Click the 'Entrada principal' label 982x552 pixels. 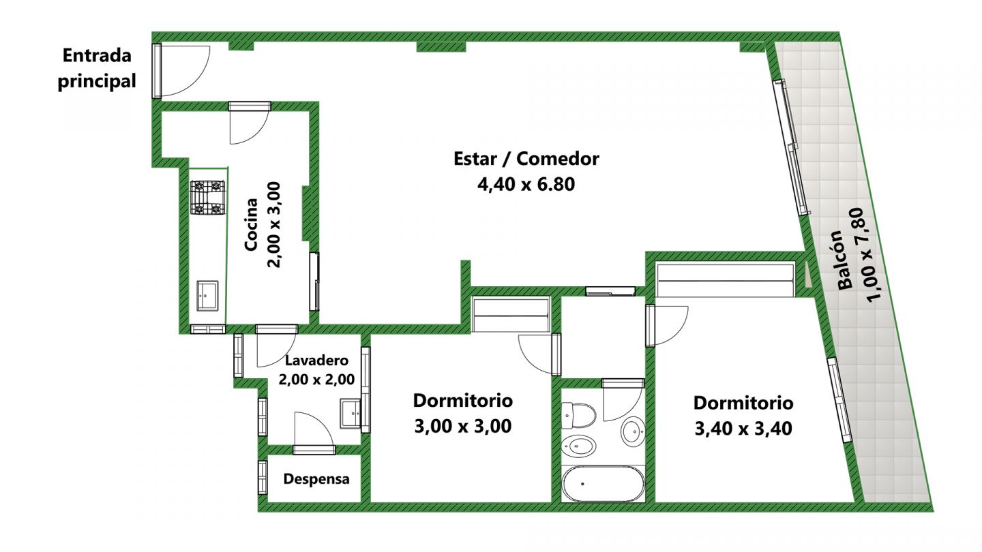click(97, 68)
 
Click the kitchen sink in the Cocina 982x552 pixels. click(207, 296)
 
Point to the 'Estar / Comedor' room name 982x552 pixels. click(526, 158)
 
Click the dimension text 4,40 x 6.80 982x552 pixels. click(526, 184)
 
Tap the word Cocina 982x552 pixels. click(251, 224)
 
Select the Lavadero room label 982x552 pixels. click(316, 361)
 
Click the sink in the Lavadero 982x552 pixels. click(351, 414)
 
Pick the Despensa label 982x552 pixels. click(316, 479)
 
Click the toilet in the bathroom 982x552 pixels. click(578, 415)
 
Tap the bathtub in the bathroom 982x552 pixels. click(603, 484)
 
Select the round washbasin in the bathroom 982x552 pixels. click(633, 431)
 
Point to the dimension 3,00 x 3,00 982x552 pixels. click(463, 426)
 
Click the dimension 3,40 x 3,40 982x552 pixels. click(743, 428)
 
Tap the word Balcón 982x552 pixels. click(844, 260)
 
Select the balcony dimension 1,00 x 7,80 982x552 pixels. click(869, 254)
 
